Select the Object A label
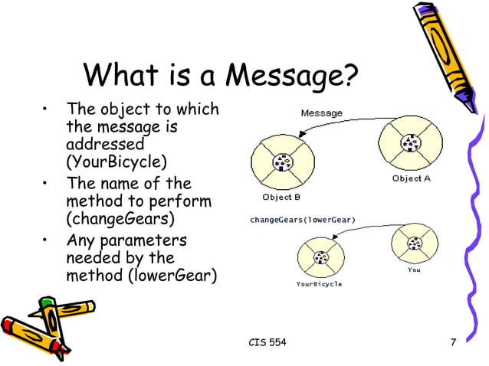coord(412,178)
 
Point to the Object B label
coord(281,197)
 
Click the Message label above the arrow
coord(321,113)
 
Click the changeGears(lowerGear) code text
coord(303,220)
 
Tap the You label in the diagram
coord(414,270)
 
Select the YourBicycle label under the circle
coord(319,284)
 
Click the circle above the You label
coord(414,243)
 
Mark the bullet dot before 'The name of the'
coord(48,184)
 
